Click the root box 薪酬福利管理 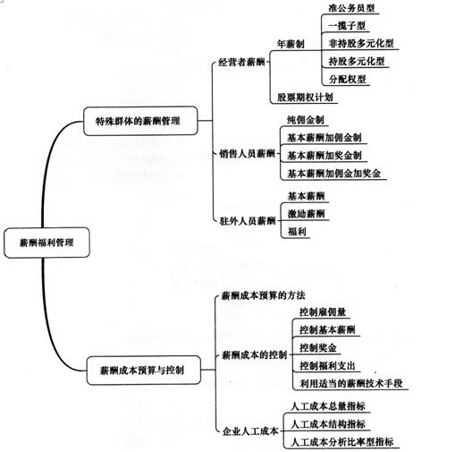46,243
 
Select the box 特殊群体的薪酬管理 140,121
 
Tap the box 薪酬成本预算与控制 143,371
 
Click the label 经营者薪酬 241,62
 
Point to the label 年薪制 291,44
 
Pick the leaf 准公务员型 351,8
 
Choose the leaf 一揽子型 347,26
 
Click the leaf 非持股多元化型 361,44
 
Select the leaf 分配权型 347,80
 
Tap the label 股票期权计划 305,98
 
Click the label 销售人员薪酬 247,154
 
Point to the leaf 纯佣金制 306,120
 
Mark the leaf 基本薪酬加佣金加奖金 333,174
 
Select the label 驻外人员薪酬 248,221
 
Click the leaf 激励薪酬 306,214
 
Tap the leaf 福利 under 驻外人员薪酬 297,232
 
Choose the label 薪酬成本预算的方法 264,295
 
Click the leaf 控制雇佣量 323,312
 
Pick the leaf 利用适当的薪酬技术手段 351,383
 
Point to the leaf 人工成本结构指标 328,424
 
